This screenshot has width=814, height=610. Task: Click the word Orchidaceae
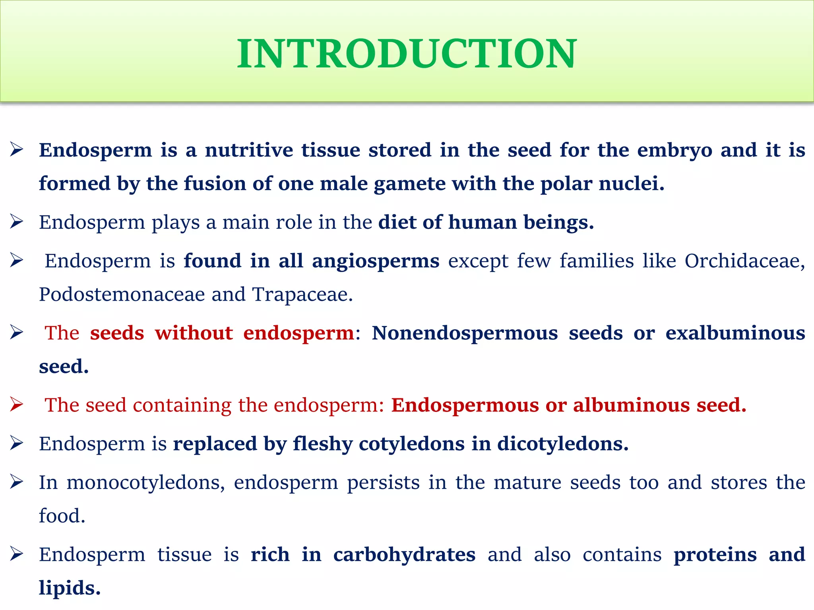pos(744,261)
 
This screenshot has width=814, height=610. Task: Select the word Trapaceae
pos(302,295)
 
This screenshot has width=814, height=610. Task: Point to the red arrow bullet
pos(17,404)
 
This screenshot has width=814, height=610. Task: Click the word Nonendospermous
pos(465,333)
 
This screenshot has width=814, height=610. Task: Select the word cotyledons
pos(411,444)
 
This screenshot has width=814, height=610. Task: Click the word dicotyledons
pos(562,444)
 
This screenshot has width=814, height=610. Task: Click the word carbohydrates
pos(404,555)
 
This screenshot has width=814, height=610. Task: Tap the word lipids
pos(70,588)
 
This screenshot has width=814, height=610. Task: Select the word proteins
pos(715,555)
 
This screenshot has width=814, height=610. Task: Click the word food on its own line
pos(62,516)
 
